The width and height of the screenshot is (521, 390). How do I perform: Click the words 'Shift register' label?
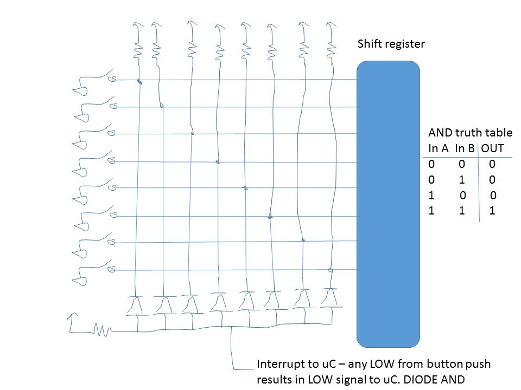click(x=391, y=44)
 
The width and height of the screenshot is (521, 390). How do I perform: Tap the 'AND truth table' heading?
click(x=470, y=133)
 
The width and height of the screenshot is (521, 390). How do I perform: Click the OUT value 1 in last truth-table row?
click(x=492, y=211)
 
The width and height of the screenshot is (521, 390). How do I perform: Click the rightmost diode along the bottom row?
click(x=329, y=297)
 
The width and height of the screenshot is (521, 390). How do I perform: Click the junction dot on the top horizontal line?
click(x=139, y=82)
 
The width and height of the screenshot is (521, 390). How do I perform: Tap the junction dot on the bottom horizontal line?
click(x=330, y=269)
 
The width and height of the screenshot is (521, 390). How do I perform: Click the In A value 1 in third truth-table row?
click(x=431, y=196)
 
